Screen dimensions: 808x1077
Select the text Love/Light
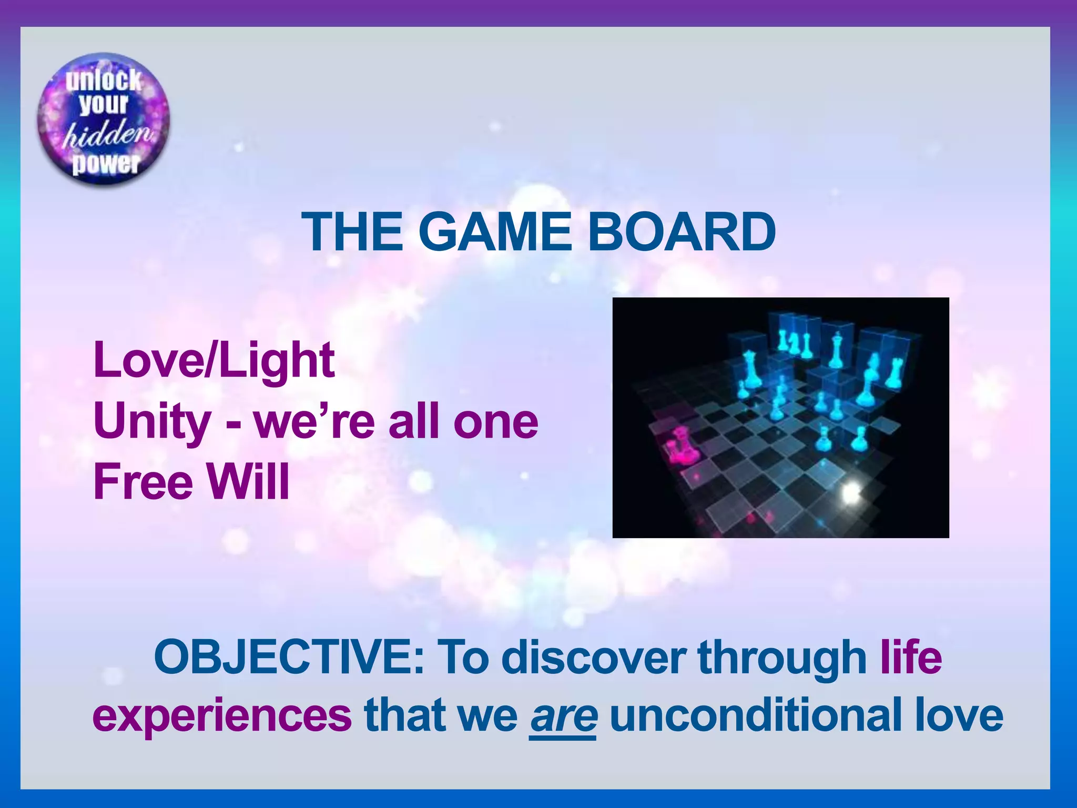coord(214,361)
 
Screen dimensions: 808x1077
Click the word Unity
coord(153,422)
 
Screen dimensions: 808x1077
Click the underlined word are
coord(563,715)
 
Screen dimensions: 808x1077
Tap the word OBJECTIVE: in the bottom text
coord(289,658)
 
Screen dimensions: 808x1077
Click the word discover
coord(594,658)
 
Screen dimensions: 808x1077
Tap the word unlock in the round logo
coord(103,80)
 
